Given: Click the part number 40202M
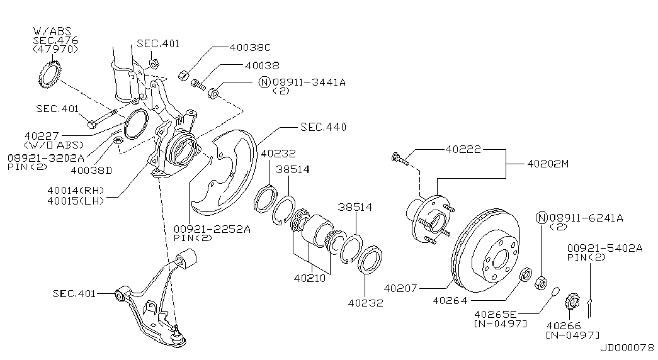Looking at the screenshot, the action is [x=548, y=164].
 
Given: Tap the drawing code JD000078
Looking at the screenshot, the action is [x=627, y=348].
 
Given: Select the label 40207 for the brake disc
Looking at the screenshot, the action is [x=400, y=288].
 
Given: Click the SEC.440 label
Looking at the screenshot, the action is [x=323, y=127].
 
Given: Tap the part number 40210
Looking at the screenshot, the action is [x=310, y=278].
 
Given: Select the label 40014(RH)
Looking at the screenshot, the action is [x=76, y=191].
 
